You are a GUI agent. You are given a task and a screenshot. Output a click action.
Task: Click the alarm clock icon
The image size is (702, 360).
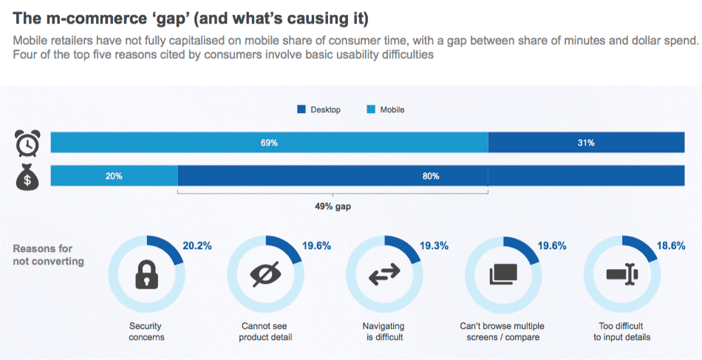pos(28,143)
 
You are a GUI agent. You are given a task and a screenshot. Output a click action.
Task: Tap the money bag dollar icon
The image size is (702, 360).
pos(28,177)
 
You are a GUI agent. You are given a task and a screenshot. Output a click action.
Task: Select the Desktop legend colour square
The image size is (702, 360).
pos(301,109)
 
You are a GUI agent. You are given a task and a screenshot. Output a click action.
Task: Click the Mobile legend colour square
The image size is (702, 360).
pos(371,109)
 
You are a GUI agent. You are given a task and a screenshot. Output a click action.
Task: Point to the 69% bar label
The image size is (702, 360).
pos(269,143)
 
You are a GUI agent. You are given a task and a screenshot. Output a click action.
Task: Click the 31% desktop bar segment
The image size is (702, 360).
pos(585,143)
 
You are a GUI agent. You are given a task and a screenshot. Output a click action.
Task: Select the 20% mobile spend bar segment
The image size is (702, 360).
pos(114,176)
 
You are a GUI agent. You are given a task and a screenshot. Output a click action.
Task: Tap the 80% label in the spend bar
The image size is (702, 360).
pos(431,176)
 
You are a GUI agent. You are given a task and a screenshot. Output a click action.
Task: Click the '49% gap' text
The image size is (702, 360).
pos(333,207)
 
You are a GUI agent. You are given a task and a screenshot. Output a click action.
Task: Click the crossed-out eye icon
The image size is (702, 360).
pos(265,274)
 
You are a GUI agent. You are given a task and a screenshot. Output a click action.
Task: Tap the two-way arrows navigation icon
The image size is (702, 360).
pos(384,274)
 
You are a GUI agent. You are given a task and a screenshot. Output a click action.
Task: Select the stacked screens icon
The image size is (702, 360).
pos(503,274)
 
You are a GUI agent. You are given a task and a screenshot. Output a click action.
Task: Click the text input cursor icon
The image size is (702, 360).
pos(622,274)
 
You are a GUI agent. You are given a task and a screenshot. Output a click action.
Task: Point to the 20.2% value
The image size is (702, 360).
pos(197,245)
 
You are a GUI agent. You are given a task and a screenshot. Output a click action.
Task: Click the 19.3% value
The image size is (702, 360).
pos(435,245)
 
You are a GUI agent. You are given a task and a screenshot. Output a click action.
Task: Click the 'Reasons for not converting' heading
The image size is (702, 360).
pos(48,255)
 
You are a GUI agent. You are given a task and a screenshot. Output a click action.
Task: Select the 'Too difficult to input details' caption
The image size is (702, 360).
pos(622,331)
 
